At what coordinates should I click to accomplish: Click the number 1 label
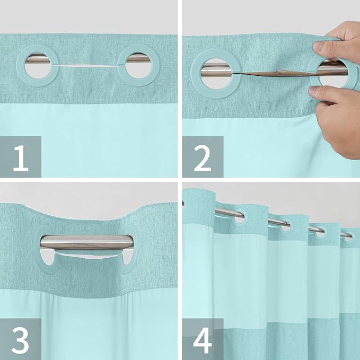point(20,157)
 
